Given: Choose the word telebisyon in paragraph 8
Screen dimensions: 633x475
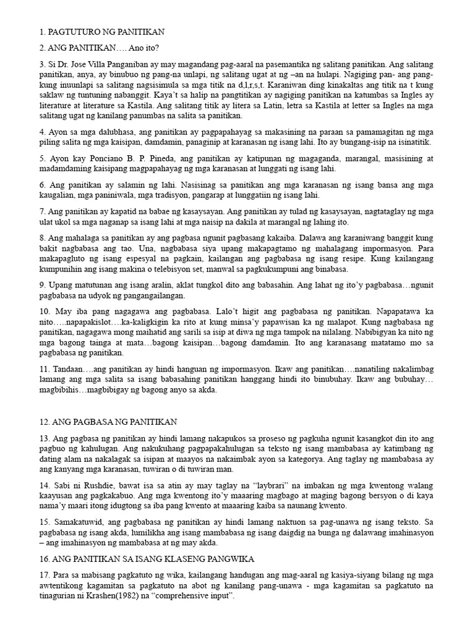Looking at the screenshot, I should tap(193, 270).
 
